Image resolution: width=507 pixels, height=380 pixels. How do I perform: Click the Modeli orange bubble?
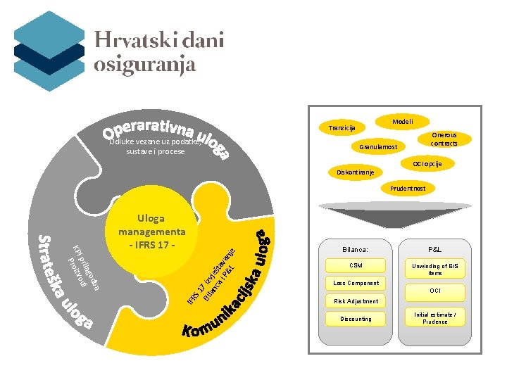click(403, 121)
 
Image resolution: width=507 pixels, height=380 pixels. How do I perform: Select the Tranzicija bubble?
click(342, 128)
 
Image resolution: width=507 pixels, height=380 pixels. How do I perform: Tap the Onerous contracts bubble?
click(444, 139)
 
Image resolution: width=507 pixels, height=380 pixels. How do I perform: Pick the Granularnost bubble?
click(378, 147)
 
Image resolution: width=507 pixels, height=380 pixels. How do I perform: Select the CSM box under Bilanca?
click(356, 265)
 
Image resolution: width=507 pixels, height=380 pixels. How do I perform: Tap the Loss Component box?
click(356, 283)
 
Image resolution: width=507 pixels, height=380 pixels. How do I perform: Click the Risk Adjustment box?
click(356, 301)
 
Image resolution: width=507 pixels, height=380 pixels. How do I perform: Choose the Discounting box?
click(356, 319)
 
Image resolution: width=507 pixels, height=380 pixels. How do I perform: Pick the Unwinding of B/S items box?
click(435, 269)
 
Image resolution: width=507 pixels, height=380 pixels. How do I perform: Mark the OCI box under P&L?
click(435, 291)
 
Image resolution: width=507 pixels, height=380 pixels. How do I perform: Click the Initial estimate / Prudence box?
click(435, 317)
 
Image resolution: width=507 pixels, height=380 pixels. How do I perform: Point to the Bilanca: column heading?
click(356, 249)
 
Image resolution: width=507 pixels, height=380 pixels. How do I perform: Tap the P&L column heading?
click(434, 249)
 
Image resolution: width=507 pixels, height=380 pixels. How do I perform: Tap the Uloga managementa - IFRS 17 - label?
click(152, 232)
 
